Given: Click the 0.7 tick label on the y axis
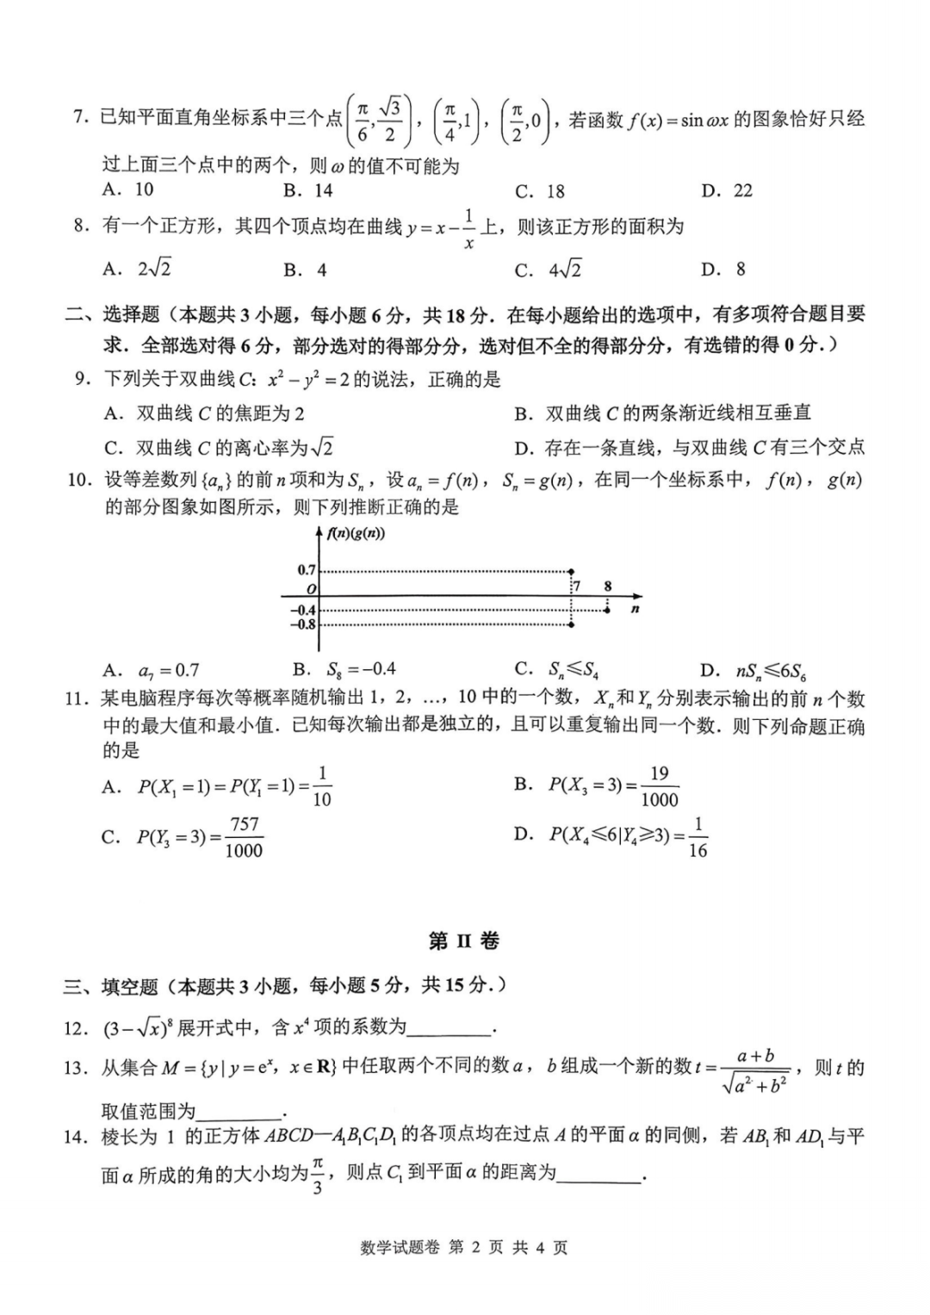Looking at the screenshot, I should pos(307,570).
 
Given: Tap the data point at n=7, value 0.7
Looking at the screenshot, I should pos(572,571).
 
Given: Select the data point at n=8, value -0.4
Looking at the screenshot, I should pos(608,610).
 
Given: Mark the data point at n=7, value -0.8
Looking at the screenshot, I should pos(572,624).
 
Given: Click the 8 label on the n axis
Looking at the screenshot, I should pos(608,586).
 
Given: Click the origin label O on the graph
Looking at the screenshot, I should pos(312,589).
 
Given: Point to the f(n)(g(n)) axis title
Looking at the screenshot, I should pos(356,533).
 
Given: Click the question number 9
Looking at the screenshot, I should pos(83,380).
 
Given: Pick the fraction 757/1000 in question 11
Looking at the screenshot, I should pos(244,837).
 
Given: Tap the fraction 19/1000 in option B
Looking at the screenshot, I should pos(659,786).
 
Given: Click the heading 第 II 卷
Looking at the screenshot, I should pos(464,940).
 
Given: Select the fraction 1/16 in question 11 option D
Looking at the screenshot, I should pos(697,837).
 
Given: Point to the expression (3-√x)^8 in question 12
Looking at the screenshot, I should pos(137,1027).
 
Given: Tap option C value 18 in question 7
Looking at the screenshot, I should pos(552,191).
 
